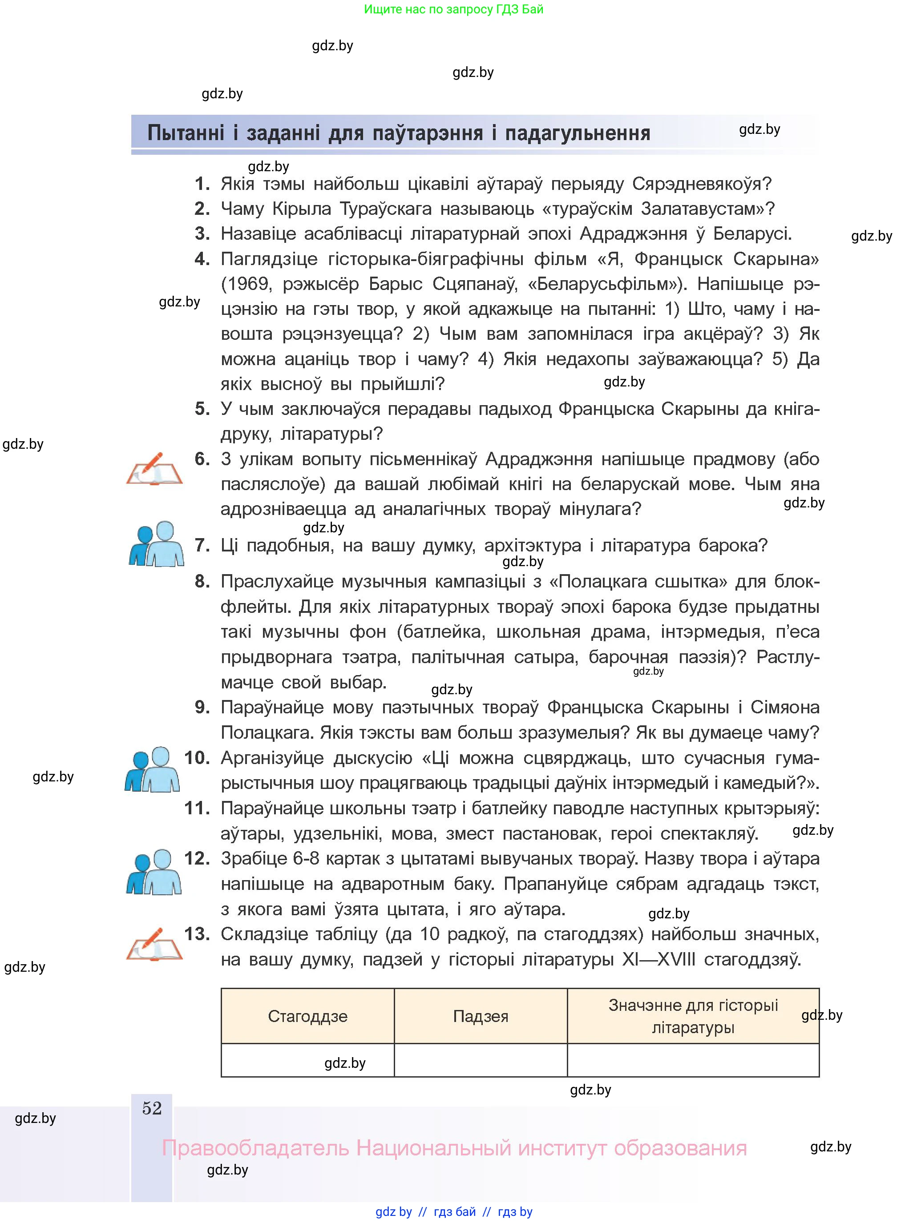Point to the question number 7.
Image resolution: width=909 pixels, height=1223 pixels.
[x=203, y=546]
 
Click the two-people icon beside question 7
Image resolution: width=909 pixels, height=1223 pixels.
[x=157, y=544]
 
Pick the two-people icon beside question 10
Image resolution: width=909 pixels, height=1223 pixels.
[x=153, y=769]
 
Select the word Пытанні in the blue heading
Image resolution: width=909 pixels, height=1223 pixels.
[x=186, y=133]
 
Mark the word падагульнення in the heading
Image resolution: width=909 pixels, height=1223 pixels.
[x=578, y=133]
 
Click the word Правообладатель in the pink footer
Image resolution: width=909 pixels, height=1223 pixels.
[x=255, y=1148]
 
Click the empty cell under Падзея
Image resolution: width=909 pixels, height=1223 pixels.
[x=481, y=1060]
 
